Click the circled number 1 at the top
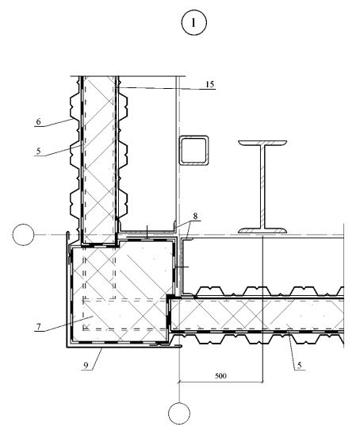click(194, 22)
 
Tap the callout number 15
click(210, 84)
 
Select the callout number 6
click(38, 121)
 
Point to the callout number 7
click(38, 326)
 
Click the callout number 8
click(195, 216)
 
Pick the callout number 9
click(86, 365)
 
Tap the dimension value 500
click(220, 375)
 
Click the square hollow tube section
click(194, 151)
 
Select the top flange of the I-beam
click(262, 143)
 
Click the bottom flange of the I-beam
click(262, 231)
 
